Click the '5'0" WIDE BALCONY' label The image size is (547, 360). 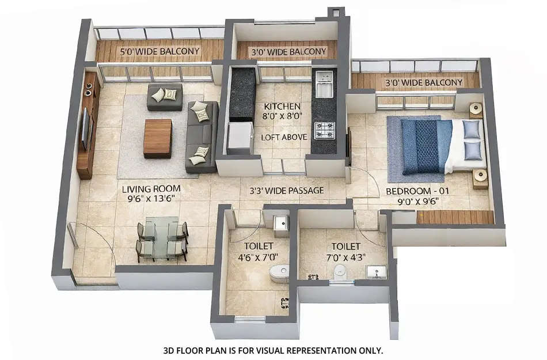click(159, 51)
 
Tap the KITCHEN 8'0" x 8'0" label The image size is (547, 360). click(282, 111)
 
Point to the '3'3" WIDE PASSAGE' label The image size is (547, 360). click(286, 190)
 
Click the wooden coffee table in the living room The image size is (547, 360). click(158, 138)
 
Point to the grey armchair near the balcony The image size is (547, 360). click(165, 96)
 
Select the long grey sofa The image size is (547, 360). click(202, 137)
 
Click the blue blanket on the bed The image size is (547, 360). click(426, 145)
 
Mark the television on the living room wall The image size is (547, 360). click(85, 128)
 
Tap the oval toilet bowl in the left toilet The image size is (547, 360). click(280, 272)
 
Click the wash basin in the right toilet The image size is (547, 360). click(377, 271)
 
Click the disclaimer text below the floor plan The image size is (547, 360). click(273, 350)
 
